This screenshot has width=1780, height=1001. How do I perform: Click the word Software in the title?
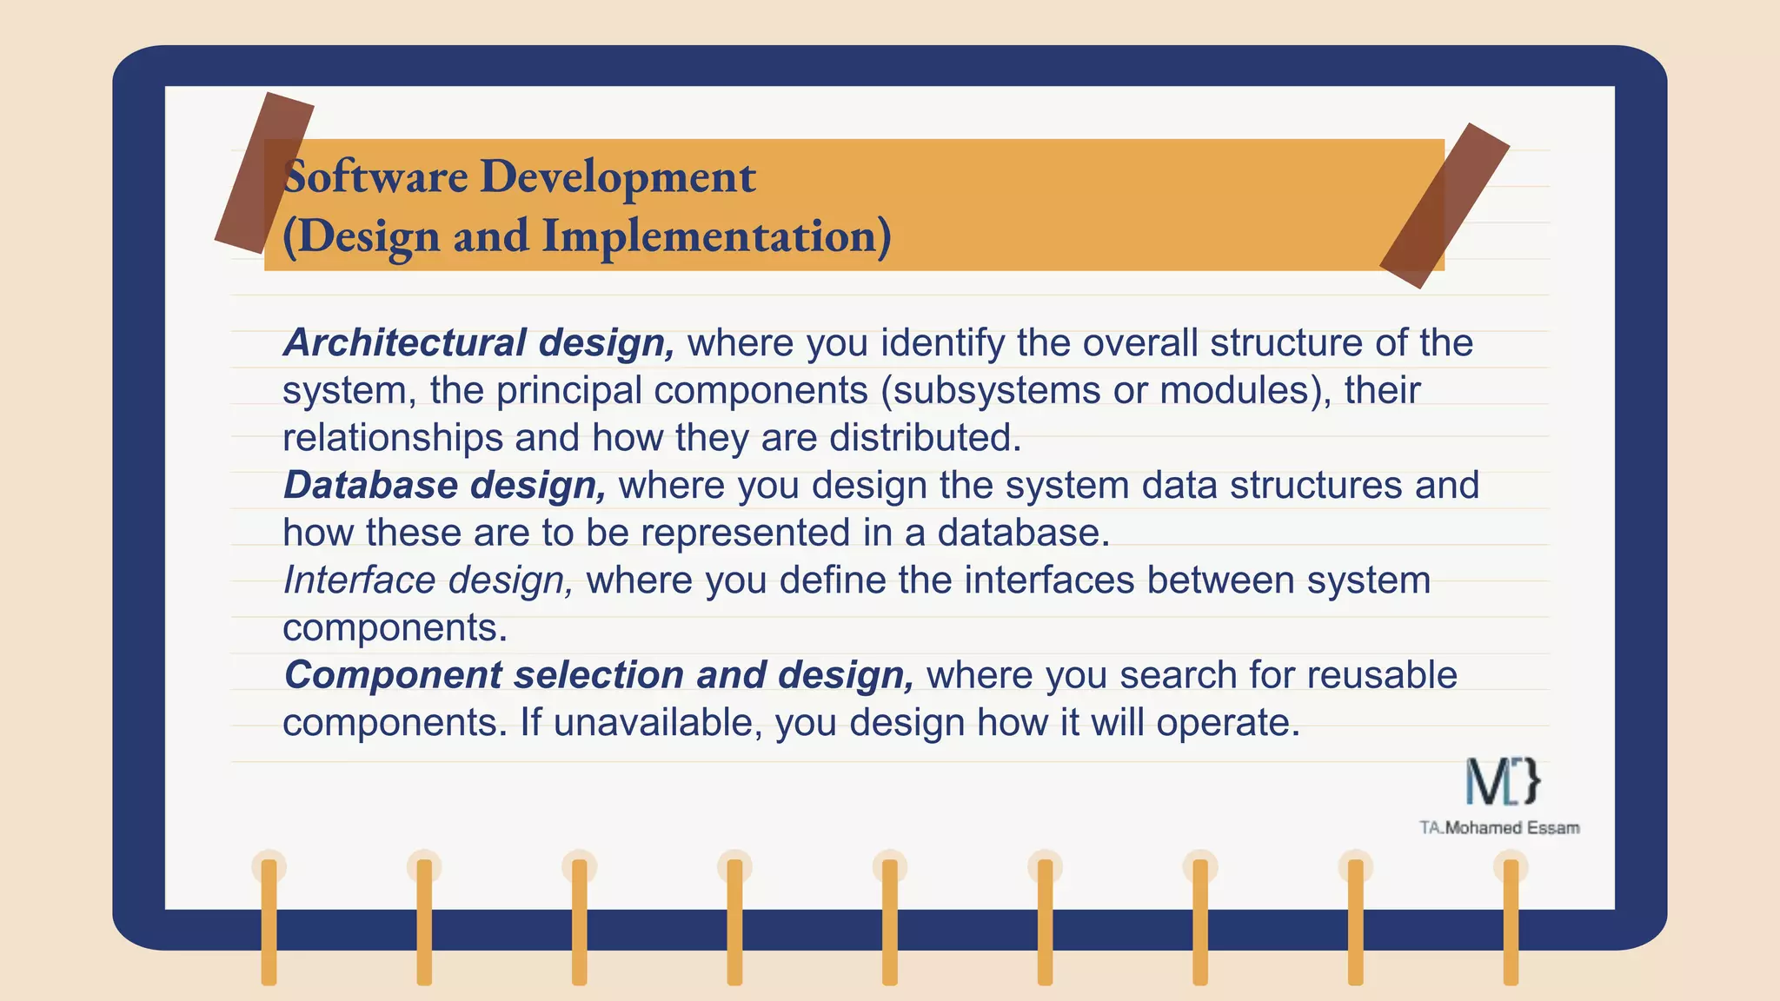(375, 176)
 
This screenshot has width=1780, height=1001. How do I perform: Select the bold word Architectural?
(404, 342)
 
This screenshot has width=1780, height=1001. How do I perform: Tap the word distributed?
(924, 437)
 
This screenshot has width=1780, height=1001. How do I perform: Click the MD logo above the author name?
(1503, 780)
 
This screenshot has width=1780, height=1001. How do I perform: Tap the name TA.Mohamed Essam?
(1499, 828)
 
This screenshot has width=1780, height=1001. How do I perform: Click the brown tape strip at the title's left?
(264, 173)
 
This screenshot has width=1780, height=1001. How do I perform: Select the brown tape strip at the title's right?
(1445, 205)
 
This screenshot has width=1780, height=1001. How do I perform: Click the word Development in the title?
(617, 176)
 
